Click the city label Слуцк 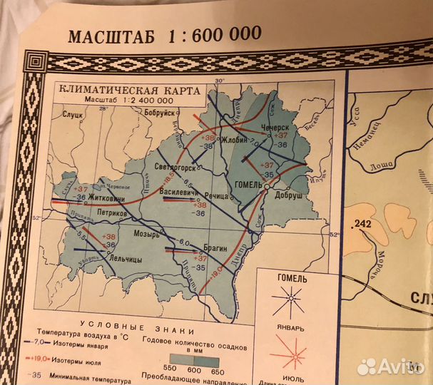(x=73, y=114)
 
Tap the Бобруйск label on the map (x=159, y=113)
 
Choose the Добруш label (x=288, y=194)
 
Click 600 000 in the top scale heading (x=224, y=34)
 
